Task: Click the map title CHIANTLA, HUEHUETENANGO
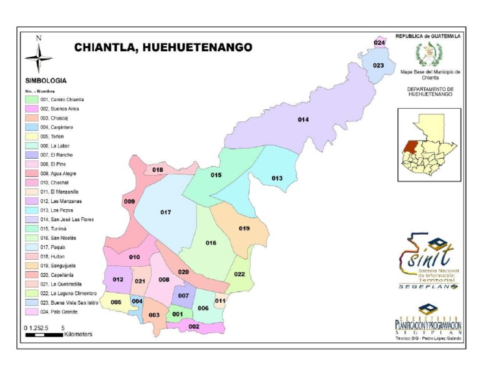tap(163, 47)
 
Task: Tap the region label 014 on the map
tap(303, 119)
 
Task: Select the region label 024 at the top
tap(379, 42)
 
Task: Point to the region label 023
tap(378, 66)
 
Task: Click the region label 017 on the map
tap(165, 213)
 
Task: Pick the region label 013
tap(277, 179)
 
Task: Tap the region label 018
tap(158, 170)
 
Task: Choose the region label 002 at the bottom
tap(194, 326)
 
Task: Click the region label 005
tap(116, 302)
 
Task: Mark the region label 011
tap(220, 301)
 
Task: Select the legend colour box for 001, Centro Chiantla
tap(31, 100)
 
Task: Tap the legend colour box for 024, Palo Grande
tap(31, 312)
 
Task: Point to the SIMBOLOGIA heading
tap(46, 81)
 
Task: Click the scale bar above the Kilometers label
tap(44, 335)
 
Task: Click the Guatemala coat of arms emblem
tap(430, 55)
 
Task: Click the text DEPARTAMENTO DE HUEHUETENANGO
tap(430, 92)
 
